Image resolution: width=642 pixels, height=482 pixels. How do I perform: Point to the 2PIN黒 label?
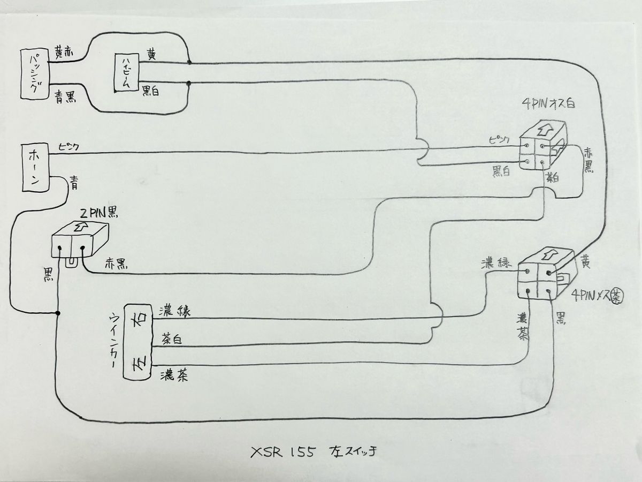(x=99, y=212)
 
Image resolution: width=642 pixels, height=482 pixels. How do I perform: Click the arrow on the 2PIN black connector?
(x=81, y=227)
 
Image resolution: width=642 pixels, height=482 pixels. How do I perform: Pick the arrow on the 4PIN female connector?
(x=547, y=253)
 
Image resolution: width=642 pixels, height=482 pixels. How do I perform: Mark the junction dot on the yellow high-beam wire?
(x=189, y=63)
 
